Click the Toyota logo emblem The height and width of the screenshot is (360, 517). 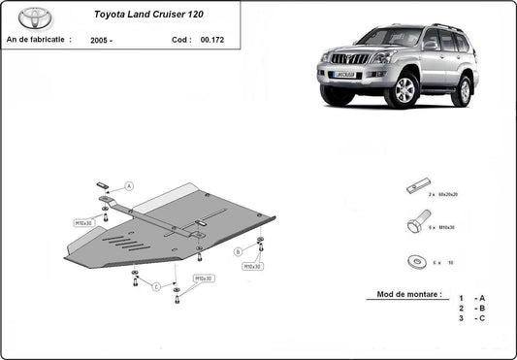tap(34, 18)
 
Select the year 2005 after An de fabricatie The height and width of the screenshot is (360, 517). tap(102, 42)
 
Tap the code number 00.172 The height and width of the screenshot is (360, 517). tap(210, 42)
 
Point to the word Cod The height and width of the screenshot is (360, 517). tap(178, 42)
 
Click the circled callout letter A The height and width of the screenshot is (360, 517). tap(129, 186)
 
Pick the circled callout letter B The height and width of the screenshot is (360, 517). tap(238, 251)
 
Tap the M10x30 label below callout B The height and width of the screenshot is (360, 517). tap(252, 266)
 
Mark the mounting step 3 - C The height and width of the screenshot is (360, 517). tap(471, 317)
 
